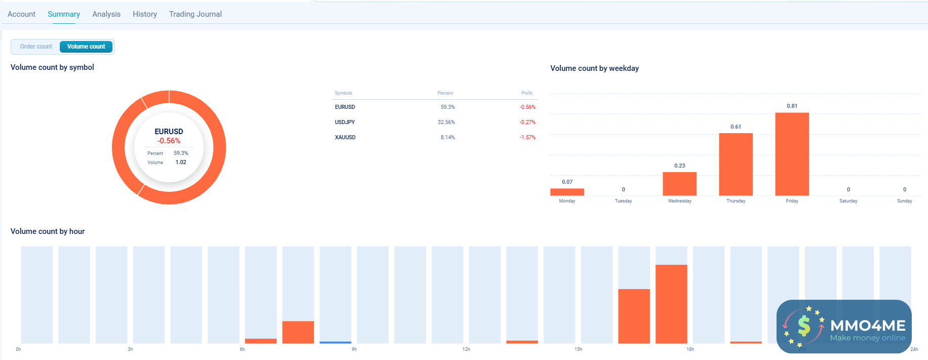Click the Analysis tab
click(x=106, y=14)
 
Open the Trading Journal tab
click(x=195, y=14)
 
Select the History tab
click(x=145, y=14)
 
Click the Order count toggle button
click(x=36, y=47)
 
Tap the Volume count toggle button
click(x=86, y=47)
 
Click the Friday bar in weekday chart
click(x=792, y=154)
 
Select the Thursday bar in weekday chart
click(x=736, y=164)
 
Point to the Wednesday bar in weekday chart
click(x=679, y=184)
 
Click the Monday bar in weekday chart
click(x=567, y=192)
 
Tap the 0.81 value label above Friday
click(x=792, y=106)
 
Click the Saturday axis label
click(x=848, y=201)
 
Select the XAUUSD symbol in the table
click(x=345, y=137)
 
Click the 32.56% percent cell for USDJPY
click(x=446, y=122)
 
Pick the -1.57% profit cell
click(x=527, y=137)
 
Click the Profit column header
click(x=527, y=93)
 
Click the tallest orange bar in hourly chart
click(x=671, y=304)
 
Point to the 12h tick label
click(x=466, y=349)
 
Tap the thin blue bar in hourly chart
click(x=335, y=342)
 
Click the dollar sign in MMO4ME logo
click(x=804, y=326)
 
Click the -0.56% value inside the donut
click(x=169, y=141)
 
